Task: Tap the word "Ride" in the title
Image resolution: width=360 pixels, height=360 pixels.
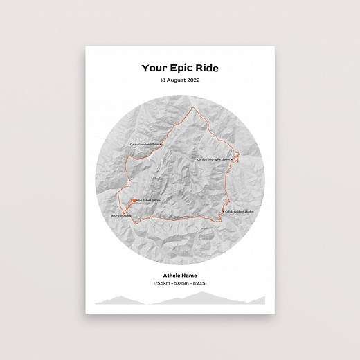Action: click(206, 68)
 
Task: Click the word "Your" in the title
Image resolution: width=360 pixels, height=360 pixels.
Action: click(154, 68)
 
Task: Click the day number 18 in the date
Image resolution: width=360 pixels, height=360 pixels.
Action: click(163, 80)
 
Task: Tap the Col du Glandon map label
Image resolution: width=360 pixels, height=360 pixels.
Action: click(145, 145)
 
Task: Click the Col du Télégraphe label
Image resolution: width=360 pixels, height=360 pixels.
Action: click(213, 159)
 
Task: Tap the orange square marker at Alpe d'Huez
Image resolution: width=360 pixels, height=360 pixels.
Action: click(132, 201)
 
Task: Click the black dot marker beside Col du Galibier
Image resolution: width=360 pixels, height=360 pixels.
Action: click(224, 210)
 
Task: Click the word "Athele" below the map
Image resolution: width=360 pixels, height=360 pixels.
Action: click(170, 276)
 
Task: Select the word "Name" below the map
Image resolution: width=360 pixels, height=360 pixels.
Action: click(192, 276)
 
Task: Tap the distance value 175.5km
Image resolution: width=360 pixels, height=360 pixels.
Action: click(161, 283)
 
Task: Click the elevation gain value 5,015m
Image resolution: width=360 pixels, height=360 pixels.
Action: click(181, 283)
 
